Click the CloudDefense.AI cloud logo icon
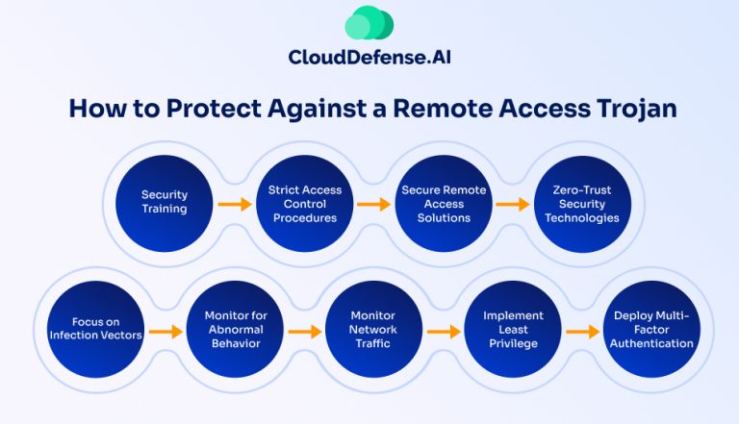(369, 23)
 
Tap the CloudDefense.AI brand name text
(369, 58)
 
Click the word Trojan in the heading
(630, 108)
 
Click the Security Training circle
(164, 203)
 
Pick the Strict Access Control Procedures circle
(304, 203)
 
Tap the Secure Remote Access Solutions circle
(444, 203)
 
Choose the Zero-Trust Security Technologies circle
(581, 203)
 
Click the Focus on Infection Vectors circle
(94, 329)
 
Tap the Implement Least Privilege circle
(512, 329)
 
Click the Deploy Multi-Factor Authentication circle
(652, 329)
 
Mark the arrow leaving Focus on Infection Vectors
(165, 332)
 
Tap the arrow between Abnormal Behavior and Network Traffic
(303, 332)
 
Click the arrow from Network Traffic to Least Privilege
(443, 332)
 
